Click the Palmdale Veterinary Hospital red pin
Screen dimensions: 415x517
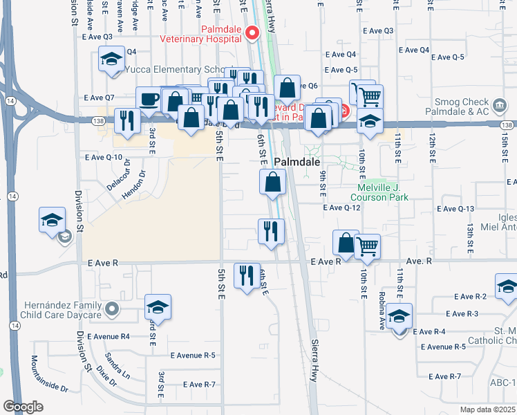(x=252, y=32)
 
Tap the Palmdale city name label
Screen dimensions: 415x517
(x=297, y=162)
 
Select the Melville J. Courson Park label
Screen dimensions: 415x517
(x=383, y=192)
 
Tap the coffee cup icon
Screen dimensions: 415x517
(x=149, y=100)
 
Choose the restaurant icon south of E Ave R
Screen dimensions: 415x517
(x=247, y=276)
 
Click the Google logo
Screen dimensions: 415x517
(x=23, y=407)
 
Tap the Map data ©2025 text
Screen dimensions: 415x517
(x=487, y=409)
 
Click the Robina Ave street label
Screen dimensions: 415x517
(x=381, y=315)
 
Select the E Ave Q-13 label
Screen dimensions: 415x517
(x=456, y=208)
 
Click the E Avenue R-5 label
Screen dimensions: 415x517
(x=193, y=356)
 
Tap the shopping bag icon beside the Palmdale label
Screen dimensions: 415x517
(x=273, y=183)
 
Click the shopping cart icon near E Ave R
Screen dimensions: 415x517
(x=367, y=246)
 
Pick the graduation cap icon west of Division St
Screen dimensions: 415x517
(x=52, y=221)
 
